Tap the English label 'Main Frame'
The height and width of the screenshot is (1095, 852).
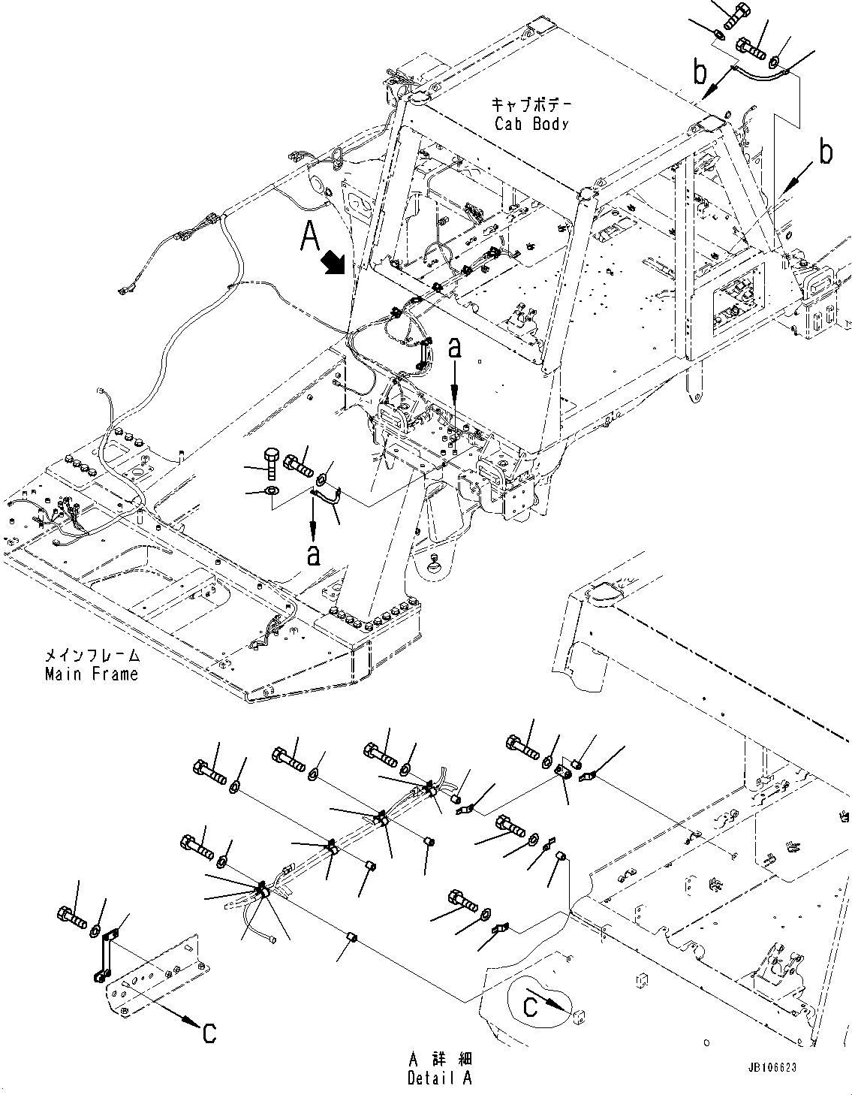(x=92, y=674)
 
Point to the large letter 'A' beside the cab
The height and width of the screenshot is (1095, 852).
(x=312, y=237)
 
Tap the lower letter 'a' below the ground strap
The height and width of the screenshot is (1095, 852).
(x=313, y=554)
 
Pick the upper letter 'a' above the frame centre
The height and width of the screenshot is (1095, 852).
(x=454, y=348)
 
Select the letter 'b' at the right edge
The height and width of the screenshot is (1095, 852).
(x=826, y=153)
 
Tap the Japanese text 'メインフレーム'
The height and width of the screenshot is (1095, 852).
(x=92, y=655)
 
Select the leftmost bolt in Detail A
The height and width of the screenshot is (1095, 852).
(x=71, y=915)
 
